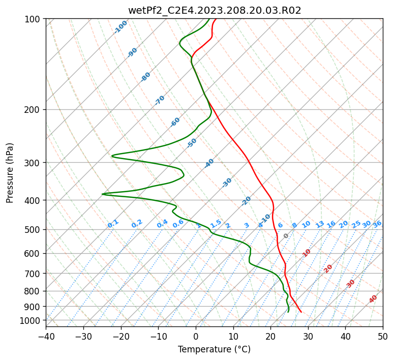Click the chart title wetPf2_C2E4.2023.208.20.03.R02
tap(214, 10)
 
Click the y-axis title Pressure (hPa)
tap(10, 172)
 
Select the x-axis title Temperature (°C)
tap(214, 349)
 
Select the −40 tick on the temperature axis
tap(46, 336)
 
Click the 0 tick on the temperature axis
tap(196, 336)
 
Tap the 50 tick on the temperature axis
tap(383, 336)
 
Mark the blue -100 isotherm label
tap(120, 27)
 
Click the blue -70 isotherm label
tap(160, 100)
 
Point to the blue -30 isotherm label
tap(227, 183)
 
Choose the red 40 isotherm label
tap(373, 299)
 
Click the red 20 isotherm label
tap(328, 268)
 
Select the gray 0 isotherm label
tap(286, 236)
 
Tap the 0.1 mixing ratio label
tap(113, 224)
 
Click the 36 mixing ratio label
tap(377, 224)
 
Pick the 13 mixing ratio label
tap(320, 224)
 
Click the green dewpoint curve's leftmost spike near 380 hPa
tap(103, 194)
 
